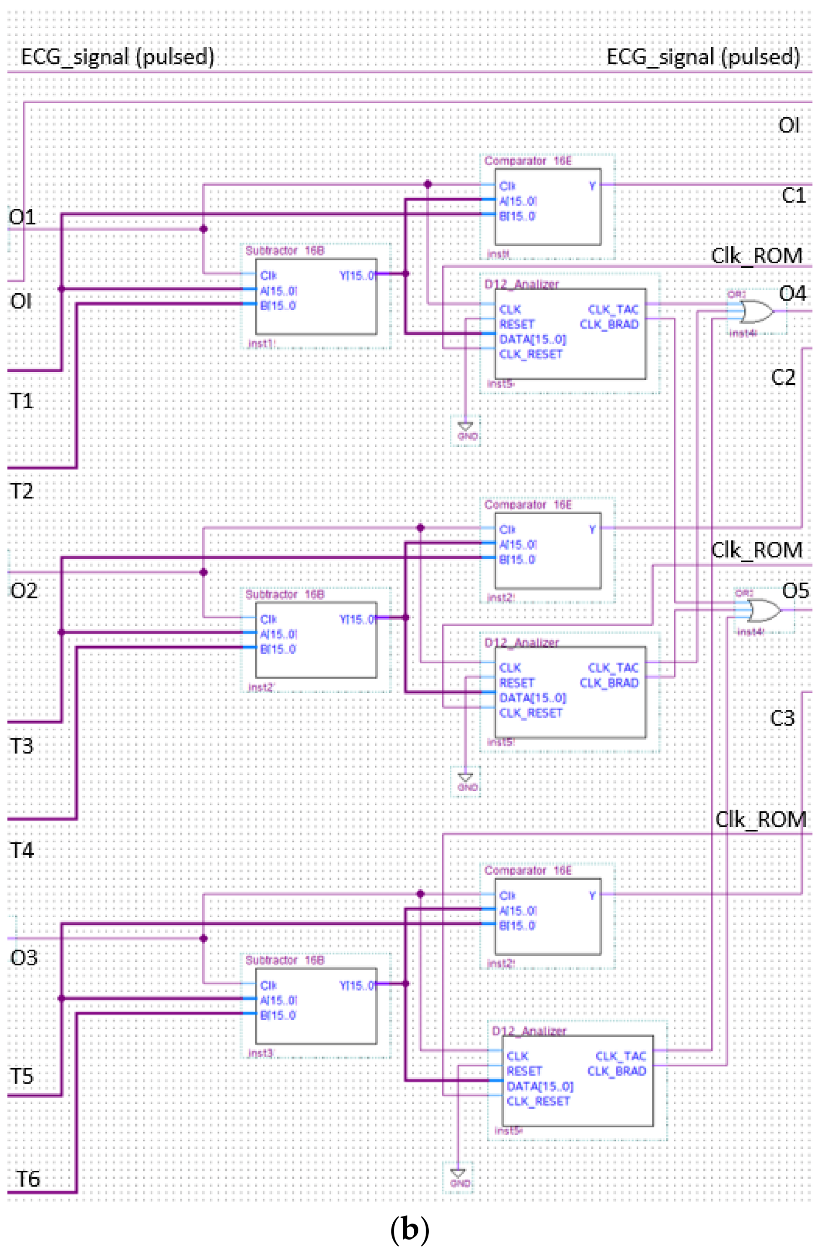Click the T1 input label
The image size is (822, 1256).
click(21, 401)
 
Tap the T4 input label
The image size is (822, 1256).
click(21, 850)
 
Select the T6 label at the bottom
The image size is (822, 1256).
click(27, 1178)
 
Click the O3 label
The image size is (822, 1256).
click(24, 957)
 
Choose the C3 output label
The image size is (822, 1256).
click(782, 718)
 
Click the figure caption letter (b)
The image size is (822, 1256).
click(409, 1230)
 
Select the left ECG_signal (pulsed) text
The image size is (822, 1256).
click(117, 57)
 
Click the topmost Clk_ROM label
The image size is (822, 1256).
click(756, 256)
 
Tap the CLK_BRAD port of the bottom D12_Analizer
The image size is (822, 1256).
click(617, 1071)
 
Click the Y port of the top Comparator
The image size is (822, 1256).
click(592, 186)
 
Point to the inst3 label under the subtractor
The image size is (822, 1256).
click(260, 1054)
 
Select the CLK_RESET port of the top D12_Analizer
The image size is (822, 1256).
click(531, 354)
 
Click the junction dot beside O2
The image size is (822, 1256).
click(204, 572)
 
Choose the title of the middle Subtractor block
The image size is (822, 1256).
click(284, 594)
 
